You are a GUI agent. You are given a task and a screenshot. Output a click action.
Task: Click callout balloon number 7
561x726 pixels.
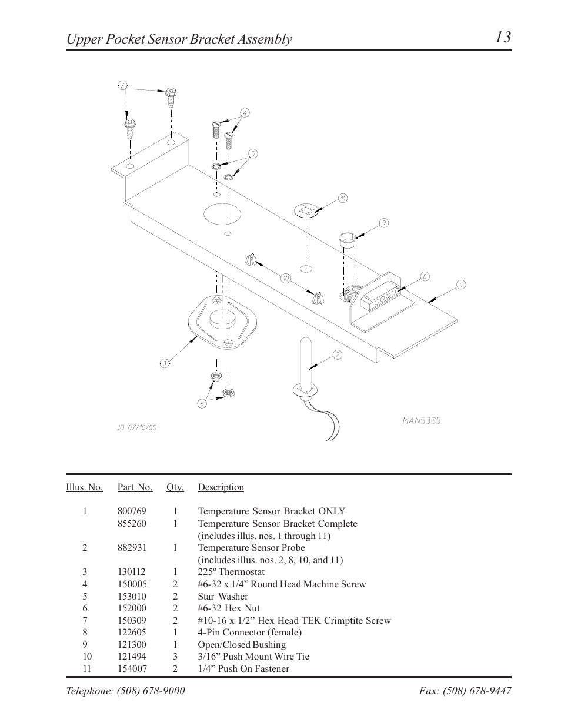[122, 85]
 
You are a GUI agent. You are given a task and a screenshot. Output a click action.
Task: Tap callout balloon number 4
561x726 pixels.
[245, 112]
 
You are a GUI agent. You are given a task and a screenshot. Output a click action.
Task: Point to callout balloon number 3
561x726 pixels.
[165, 363]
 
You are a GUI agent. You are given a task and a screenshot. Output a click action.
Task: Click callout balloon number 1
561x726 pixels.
[461, 285]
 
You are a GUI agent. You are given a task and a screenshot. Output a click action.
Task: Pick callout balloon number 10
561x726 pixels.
[285, 278]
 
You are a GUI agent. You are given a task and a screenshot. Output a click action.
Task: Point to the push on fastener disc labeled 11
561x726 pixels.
[305, 210]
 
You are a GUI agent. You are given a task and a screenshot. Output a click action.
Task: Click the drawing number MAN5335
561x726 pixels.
[422, 420]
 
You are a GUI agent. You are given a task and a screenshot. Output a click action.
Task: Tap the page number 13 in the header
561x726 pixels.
[502, 37]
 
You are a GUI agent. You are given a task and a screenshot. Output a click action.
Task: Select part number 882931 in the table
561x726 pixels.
[132, 547]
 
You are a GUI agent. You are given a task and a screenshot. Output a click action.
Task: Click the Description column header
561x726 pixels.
[221, 487]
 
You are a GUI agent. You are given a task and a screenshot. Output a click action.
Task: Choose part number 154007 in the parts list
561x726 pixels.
[132, 668]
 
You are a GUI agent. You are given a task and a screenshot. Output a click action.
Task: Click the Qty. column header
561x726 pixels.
[175, 487]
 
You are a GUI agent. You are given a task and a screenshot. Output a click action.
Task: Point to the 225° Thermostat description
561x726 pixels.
[231, 572]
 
